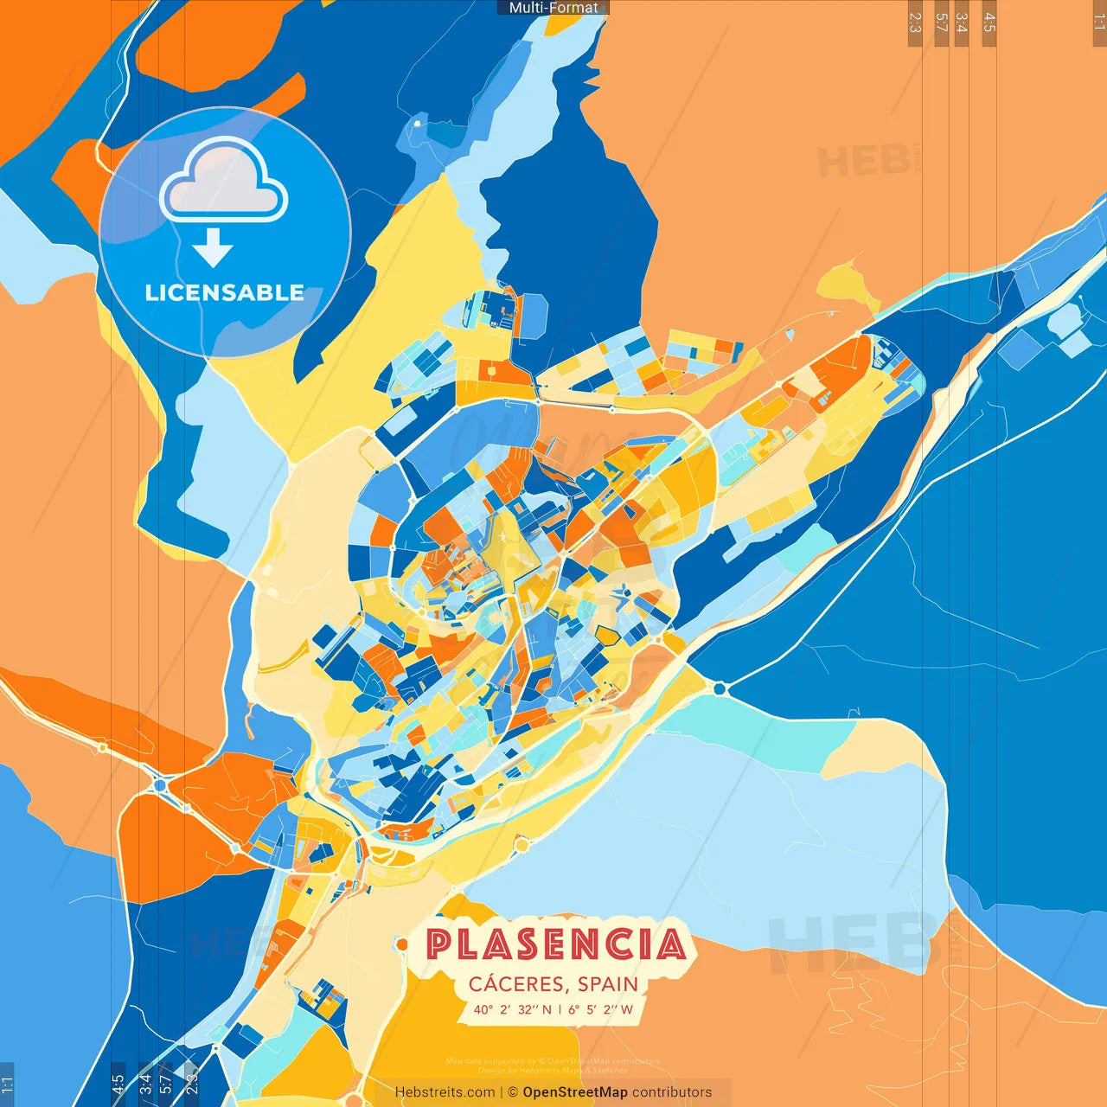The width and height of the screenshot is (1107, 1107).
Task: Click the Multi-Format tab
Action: click(553, 8)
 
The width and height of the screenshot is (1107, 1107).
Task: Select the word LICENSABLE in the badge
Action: click(224, 292)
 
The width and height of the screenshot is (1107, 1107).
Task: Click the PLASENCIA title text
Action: click(556, 944)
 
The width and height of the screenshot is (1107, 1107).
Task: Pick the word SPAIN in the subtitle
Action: click(608, 984)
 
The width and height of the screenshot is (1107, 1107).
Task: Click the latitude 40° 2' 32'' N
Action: click(512, 1009)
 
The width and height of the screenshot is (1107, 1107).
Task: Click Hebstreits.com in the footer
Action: click(445, 1092)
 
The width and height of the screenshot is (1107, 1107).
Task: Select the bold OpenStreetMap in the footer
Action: click(575, 1092)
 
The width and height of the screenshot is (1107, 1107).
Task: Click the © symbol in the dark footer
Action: click(513, 1092)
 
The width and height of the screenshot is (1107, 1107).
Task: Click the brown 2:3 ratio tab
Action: click(915, 22)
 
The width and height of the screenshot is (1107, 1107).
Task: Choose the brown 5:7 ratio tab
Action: click(942, 22)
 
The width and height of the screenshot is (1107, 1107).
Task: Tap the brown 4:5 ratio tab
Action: click(989, 22)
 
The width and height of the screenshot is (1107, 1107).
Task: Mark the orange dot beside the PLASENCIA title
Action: click(402, 944)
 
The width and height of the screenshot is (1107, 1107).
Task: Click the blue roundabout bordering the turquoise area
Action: click(720, 688)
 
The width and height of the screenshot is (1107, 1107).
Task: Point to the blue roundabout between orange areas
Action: click(160, 785)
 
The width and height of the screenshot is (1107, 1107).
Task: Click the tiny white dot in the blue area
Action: click(418, 124)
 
